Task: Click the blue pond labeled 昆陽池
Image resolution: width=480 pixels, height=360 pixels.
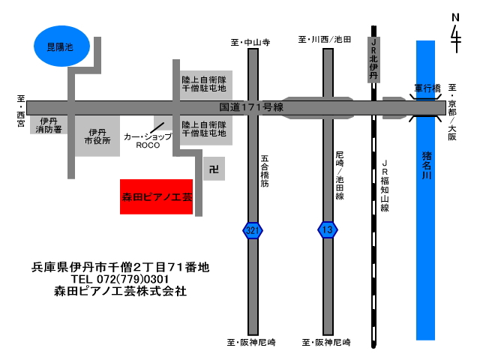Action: click(61, 46)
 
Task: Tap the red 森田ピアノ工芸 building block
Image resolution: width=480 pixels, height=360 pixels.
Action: click(156, 196)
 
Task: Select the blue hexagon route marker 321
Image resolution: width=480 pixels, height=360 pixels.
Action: click(253, 230)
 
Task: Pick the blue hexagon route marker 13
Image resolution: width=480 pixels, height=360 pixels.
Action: click(328, 230)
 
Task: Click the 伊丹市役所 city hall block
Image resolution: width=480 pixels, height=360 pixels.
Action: click(97, 136)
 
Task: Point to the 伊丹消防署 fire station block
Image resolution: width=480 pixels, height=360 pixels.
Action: click(48, 125)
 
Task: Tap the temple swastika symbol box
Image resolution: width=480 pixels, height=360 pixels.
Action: click(214, 169)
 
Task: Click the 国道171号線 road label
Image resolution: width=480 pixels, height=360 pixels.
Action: click(251, 107)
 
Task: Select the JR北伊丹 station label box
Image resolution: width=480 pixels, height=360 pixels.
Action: click(373, 60)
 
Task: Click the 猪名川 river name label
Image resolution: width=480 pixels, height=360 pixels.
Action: click(427, 165)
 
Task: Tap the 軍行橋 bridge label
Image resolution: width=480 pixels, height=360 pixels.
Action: click(427, 88)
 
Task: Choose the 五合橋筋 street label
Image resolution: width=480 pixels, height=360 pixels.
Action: click(265, 171)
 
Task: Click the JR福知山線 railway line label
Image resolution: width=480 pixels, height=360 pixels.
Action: click(385, 186)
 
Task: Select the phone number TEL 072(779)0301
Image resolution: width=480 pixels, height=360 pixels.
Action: click(120, 279)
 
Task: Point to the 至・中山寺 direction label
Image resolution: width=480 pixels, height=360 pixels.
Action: click(250, 42)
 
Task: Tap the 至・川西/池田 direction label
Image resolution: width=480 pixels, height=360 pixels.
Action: click(325, 40)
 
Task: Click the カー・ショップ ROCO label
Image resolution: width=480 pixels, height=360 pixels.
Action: click(148, 141)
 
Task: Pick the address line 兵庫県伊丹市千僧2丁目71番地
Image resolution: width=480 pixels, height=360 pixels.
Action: click(120, 267)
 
